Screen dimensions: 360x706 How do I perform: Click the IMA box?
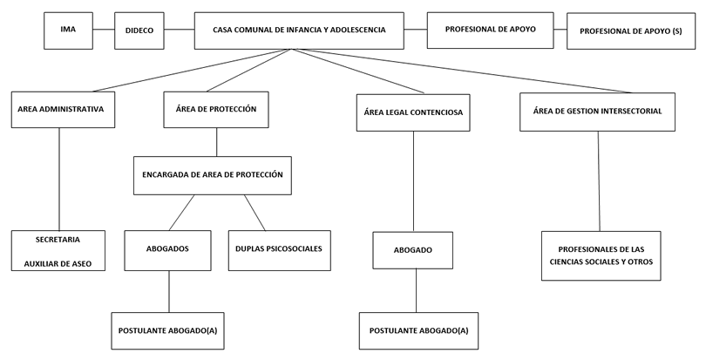68,30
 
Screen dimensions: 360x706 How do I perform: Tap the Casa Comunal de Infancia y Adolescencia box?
299,30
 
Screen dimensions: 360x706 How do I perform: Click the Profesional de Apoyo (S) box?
630,31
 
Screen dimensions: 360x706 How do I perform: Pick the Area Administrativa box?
61,110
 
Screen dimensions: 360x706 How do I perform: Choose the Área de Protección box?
216,110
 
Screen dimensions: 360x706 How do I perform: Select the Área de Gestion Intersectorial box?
597,112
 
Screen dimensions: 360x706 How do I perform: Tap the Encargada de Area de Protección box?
213,174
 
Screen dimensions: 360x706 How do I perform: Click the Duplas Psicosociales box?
279,249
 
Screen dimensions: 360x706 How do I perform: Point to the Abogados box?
168,249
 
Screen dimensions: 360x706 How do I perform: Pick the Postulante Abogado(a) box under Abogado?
419,331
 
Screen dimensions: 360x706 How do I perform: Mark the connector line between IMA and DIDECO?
104,30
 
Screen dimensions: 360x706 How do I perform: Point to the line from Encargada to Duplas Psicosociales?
254,211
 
